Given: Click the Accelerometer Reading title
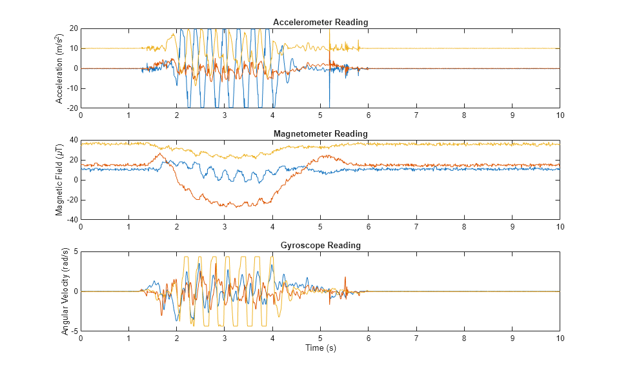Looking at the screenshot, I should [320, 23].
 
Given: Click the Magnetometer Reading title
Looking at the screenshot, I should [320, 133].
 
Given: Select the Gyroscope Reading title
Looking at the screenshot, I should [320, 246].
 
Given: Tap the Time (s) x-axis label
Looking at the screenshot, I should [320, 348].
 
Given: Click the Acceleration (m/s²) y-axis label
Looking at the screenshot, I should [60, 68].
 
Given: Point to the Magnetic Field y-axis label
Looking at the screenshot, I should [60, 180].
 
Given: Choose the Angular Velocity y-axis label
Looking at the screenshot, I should [65, 291].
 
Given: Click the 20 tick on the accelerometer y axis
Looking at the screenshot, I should [74, 28].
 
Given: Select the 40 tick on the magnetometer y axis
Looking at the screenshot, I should [74, 140].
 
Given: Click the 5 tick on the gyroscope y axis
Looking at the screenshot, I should [76, 251].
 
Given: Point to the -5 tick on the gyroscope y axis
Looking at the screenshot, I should [74, 331].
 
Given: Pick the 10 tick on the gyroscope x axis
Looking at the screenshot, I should [560, 338].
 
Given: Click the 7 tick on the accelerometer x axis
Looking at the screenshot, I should [416, 115].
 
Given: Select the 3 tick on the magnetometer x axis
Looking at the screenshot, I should [225, 226].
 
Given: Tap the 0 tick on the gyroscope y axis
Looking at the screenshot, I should [76, 291].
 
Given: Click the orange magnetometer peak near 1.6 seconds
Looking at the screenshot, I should [159, 153].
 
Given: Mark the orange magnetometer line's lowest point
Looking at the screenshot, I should [238, 207].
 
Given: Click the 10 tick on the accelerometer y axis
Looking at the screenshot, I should [74, 48].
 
